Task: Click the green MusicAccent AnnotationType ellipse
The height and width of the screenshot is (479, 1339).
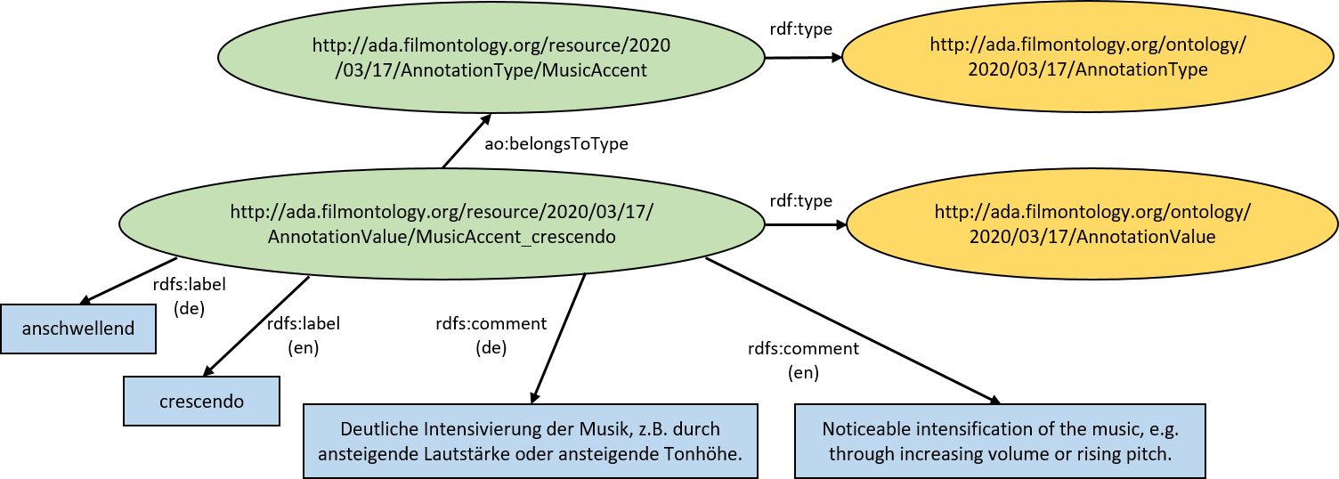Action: coord(491,57)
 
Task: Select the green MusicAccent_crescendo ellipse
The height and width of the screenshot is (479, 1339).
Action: coord(442,223)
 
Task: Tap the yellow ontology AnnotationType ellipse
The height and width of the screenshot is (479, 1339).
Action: coord(1088,57)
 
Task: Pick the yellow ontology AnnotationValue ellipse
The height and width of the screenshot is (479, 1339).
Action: coord(1092,223)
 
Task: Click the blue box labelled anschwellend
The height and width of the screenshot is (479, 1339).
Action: coord(78,329)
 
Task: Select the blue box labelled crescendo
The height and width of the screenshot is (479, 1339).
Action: coord(201,402)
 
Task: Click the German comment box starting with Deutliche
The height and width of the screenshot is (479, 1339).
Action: coord(531,442)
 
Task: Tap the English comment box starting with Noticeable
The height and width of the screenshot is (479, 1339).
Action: coord(1000,442)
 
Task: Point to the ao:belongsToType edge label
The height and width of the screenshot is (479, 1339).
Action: coord(556,144)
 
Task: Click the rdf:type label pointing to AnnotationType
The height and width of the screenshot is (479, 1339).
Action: coord(801,28)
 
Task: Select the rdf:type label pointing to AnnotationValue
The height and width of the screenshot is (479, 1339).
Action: coord(801,200)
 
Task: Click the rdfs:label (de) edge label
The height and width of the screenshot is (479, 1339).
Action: coord(190,296)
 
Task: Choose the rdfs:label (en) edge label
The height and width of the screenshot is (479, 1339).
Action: coord(303,335)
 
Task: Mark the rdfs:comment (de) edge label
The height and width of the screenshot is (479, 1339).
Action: coord(491,335)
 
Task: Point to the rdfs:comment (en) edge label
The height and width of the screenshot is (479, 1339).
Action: coord(803,360)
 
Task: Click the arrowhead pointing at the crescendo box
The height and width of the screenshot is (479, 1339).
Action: coord(208,370)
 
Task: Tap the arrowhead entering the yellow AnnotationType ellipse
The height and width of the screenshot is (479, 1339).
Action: coord(834,57)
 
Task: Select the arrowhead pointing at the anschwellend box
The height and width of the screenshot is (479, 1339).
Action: coord(87,300)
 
